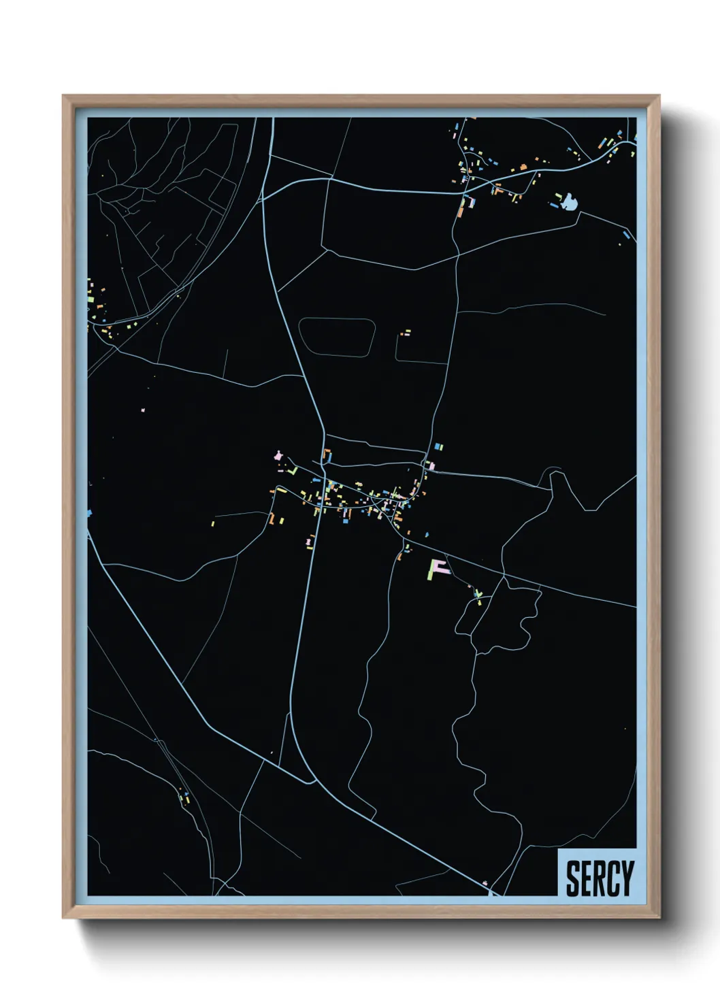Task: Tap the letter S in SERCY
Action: pyautogui.click(x=574, y=878)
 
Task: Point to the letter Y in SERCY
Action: pyautogui.click(x=625, y=878)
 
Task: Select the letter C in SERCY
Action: pyautogui.click(x=610, y=878)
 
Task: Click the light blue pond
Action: pyautogui.click(x=569, y=201)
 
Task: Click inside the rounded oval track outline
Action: pyautogui.click(x=337, y=337)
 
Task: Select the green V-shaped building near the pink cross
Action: pyautogui.click(x=293, y=469)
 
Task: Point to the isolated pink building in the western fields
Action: pyautogui.click(x=143, y=410)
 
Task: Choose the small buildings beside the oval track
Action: pyautogui.click(x=406, y=333)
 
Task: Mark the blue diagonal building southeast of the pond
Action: pyautogui.click(x=625, y=235)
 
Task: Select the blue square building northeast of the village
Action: pyautogui.click(x=439, y=447)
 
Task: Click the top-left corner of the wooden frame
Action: pyautogui.click(x=64, y=97)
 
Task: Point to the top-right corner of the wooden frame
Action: pyautogui.click(x=659, y=97)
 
